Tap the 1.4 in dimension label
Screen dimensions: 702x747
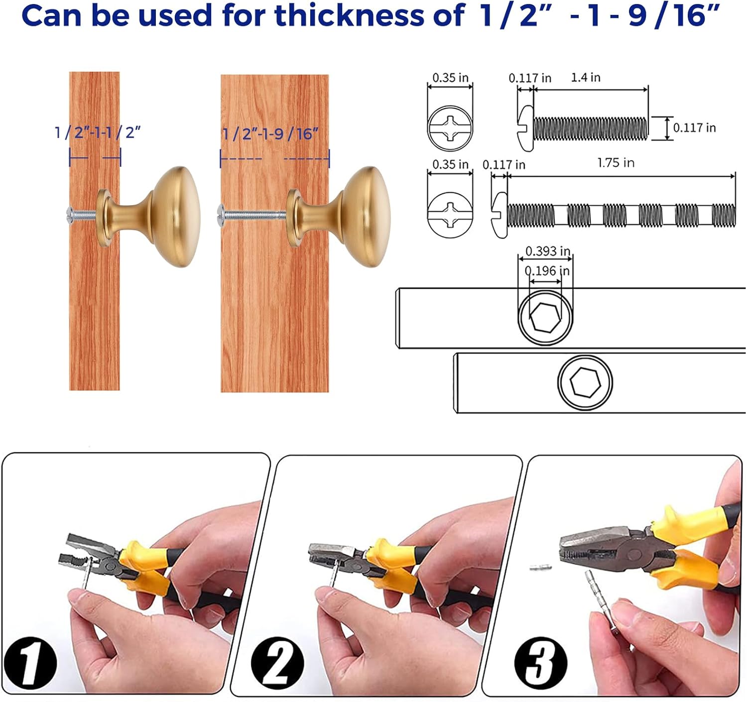tap(585, 78)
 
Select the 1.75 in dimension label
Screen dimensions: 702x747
tap(616, 163)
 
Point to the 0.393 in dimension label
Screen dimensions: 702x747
tap(547, 251)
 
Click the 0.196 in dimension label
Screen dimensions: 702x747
tap(547, 271)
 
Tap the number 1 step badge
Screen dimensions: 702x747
tap(30, 663)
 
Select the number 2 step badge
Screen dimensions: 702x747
tap(277, 663)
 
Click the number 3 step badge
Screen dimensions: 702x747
tap(540, 663)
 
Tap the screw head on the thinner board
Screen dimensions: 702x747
tap(70, 214)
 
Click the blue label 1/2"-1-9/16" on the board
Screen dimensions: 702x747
tap(270, 134)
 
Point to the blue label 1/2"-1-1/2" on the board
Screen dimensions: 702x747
tap(97, 133)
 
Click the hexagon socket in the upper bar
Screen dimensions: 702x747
tap(545, 317)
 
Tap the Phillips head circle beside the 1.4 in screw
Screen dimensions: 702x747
tap(450, 128)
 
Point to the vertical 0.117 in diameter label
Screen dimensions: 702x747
tap(694, 128)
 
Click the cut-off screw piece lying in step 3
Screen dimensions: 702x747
tap(540, 567)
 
